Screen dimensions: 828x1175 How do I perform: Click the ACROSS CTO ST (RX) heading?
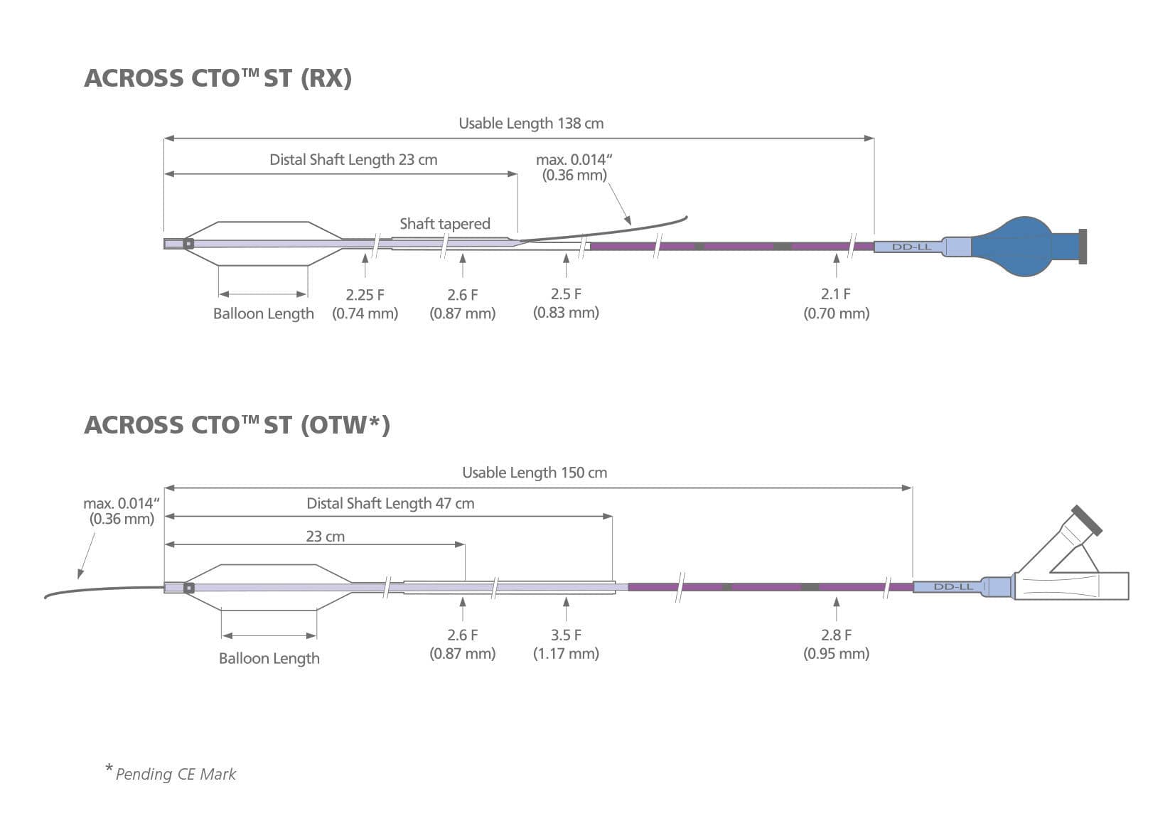point(218,77)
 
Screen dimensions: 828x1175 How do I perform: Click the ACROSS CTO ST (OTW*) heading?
point(237,424)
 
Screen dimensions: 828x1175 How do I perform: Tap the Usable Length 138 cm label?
point(531,123)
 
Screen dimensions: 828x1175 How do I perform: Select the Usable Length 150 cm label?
point(535,473)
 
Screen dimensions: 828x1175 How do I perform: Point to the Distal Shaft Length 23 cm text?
point(353,159)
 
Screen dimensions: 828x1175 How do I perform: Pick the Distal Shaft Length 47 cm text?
point(390,503)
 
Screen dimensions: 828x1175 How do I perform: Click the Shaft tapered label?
point(445,224)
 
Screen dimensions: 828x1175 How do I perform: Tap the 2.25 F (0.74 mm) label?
point(365,303)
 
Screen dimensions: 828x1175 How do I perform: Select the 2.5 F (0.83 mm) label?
point(566,303)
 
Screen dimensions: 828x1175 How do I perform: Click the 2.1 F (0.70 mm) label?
point(836,303)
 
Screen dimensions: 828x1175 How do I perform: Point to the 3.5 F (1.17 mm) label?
point(566,644)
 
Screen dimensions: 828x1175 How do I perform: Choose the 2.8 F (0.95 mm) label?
point(836,644)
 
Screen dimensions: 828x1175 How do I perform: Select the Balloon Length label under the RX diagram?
point(263,313)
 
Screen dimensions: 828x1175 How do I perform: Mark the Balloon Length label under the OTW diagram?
point(269,658)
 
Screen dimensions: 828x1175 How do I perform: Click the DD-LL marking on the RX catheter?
point(911,247)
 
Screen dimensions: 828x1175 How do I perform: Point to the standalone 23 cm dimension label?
point(325,537)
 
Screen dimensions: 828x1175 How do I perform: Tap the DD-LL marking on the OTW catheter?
point(953,587)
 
